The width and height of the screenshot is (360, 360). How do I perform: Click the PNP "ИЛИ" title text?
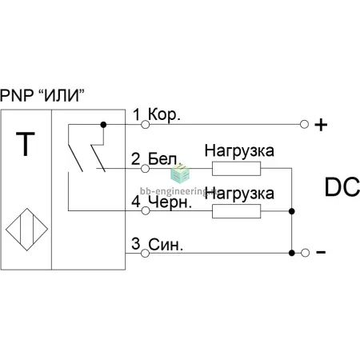42,95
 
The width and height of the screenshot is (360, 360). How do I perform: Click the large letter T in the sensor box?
26,144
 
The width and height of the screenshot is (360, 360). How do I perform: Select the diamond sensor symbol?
27,230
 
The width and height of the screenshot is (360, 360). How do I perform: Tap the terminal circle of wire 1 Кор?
145,124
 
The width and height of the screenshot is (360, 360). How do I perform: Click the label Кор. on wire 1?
164,115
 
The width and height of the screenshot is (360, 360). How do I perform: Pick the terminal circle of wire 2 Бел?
145,168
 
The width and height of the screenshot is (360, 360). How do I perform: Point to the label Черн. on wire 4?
170,202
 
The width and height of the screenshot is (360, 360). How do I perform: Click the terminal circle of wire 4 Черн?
145,210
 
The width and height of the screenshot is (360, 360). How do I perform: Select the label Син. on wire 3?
166,244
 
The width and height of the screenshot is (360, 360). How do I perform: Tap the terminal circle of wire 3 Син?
145,253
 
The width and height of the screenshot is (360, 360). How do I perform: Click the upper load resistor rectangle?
236,169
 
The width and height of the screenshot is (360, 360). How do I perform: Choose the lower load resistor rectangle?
236,211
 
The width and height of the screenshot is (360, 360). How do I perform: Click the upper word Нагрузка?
239,151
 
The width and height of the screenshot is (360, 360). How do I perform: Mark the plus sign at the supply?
321,125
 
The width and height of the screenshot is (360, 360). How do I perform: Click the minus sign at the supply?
321,252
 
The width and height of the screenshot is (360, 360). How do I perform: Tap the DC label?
342,187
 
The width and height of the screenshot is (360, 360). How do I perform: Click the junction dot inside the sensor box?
103,125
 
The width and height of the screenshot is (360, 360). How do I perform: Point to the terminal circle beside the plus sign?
304,124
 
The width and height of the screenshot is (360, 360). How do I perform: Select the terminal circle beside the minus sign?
305,253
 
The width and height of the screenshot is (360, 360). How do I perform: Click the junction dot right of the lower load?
292,211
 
